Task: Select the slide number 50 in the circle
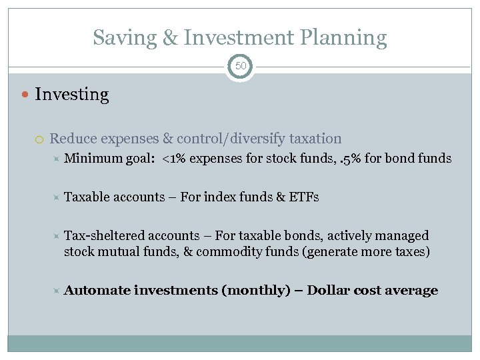[x=240, y=67]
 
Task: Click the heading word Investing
[x=71, y=95]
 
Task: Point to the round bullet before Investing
[x=25, y=95]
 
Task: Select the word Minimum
[x=93, y=159]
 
